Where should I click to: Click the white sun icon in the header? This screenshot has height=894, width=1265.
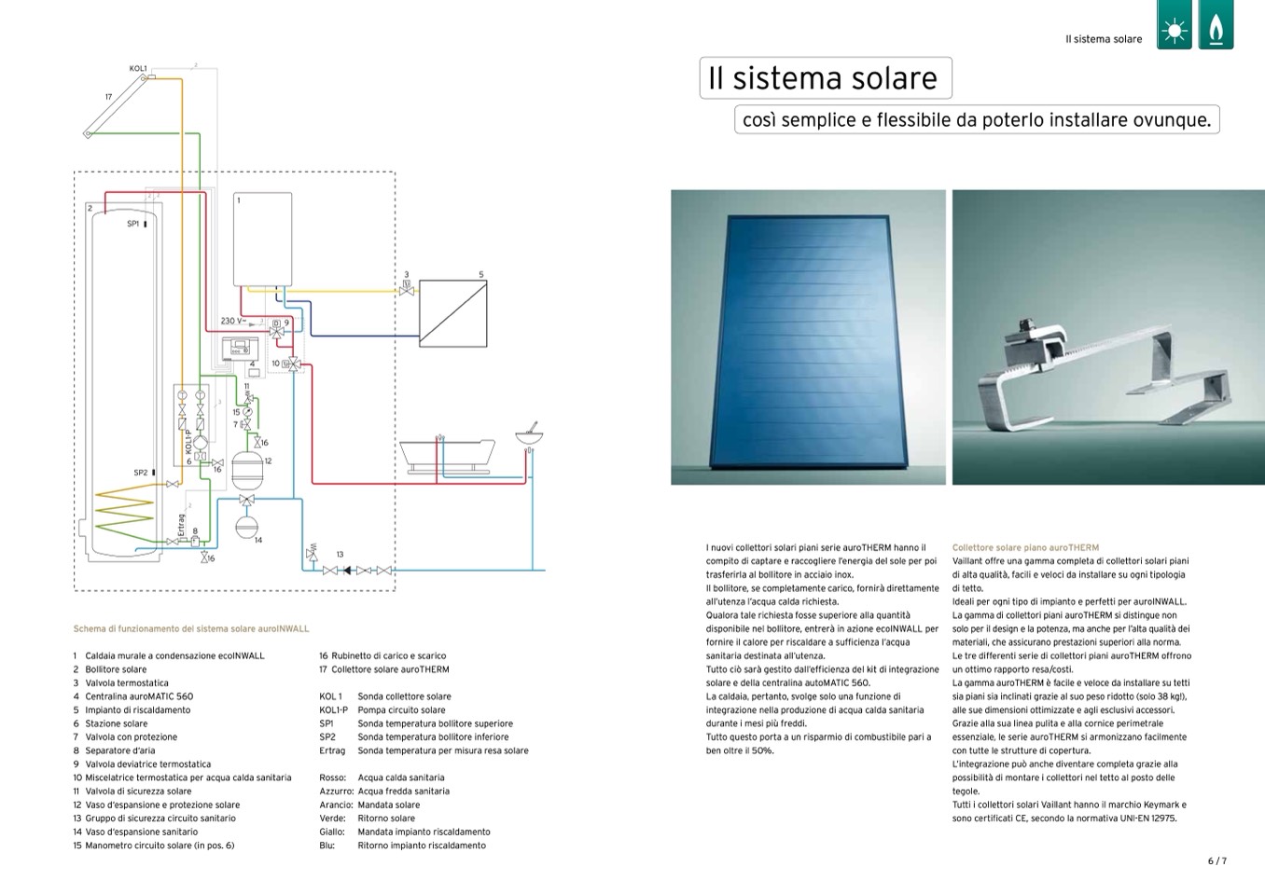[1175, 31]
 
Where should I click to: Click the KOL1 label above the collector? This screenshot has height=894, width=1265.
[138, 68]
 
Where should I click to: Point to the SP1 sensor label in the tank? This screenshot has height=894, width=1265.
[133, 224]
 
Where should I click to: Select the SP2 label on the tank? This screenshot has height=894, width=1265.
[141, 473]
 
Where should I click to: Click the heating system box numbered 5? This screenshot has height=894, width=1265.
[452, 313]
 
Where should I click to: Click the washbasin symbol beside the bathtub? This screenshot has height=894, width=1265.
[529, 435]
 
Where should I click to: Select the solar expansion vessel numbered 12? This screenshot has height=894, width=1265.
[248, 469]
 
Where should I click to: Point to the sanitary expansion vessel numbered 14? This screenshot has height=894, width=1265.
[245, 527]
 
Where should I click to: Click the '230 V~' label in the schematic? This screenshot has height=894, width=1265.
[233, 321]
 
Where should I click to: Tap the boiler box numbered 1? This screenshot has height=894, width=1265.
[262, 240]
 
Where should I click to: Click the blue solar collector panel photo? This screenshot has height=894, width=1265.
[808, 337]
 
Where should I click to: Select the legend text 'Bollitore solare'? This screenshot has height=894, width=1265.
[116, 669]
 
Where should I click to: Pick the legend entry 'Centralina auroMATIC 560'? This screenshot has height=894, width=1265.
[139, 696]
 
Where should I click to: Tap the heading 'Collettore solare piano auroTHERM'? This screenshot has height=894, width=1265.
[1025, 547]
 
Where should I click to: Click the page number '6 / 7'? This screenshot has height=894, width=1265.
[1217, 860]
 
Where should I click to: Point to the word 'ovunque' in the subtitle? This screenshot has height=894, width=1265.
[1177, 120]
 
